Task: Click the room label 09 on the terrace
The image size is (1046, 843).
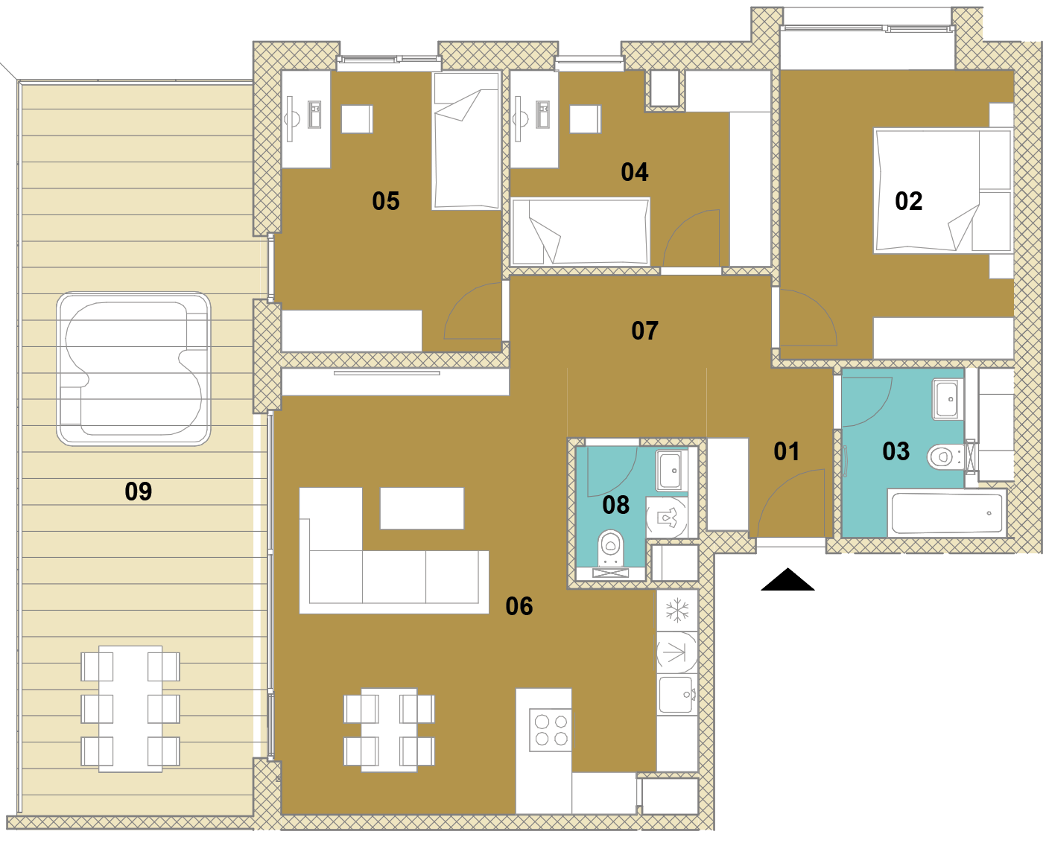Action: (139, 492)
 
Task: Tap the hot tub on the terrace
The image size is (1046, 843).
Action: (133, 369)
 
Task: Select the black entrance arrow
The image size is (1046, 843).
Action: (787, 579)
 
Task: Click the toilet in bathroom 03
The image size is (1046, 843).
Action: (946, 457)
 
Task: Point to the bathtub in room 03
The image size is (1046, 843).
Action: (947, 513)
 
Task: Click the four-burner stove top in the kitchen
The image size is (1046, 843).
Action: (551, 731)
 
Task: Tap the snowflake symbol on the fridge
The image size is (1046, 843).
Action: (677, 610)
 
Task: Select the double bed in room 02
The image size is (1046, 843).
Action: (942, 191)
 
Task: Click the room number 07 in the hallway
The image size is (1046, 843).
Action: (644, 331)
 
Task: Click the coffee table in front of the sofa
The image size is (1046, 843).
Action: (422, 508)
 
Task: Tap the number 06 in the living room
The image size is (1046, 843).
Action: (519, 606)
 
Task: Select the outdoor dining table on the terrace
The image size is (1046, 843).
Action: (130, 709)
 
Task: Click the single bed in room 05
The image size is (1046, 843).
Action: (466, 141)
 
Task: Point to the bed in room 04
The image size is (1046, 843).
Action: (580, 232)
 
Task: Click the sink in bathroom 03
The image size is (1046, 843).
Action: (947, 399)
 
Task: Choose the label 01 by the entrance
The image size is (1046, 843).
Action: (787, 452)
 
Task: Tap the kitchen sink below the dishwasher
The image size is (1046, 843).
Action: (677, 694)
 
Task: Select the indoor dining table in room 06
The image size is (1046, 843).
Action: (389, 731)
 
